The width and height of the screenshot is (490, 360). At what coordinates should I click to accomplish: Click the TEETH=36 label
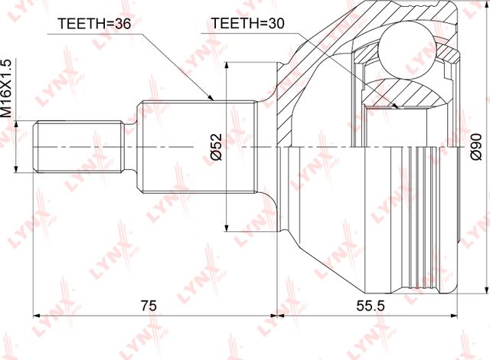(x=93, y=24)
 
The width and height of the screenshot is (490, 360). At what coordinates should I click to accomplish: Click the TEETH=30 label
(x=247, y=23)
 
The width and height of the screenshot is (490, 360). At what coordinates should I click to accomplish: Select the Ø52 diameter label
(x=216, y=147)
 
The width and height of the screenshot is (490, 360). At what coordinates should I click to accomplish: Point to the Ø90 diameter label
(x=476, y=147)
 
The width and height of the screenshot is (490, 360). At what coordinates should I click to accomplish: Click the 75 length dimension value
(x=149, y=306)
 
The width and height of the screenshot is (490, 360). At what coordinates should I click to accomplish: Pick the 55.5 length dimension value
(x=371, y=306)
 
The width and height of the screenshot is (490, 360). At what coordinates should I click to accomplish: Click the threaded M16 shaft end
(x=79, y=146)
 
